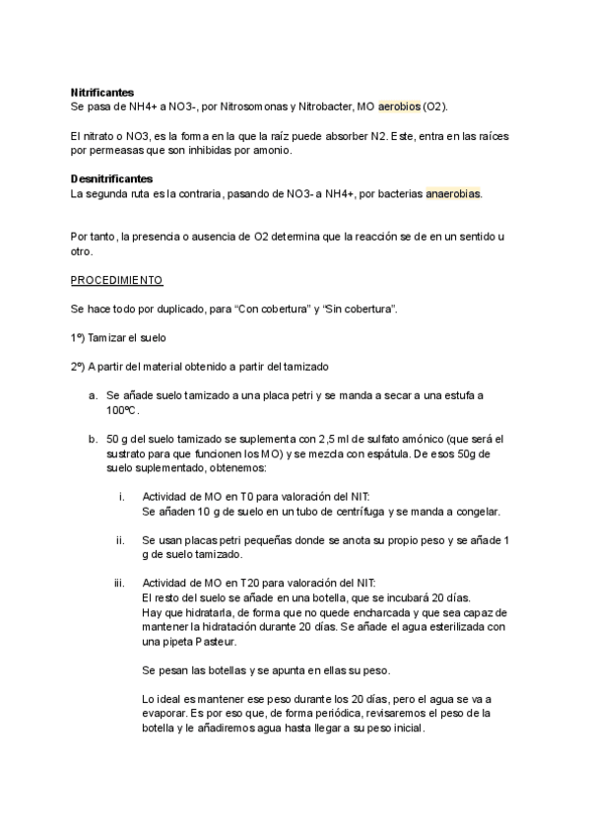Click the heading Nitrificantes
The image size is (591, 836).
102,92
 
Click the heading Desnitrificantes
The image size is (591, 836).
111,178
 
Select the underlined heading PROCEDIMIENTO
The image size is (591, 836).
116,280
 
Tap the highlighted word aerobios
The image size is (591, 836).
399,105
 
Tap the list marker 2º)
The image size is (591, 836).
78,367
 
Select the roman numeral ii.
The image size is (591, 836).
120,540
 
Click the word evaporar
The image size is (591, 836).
168,713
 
